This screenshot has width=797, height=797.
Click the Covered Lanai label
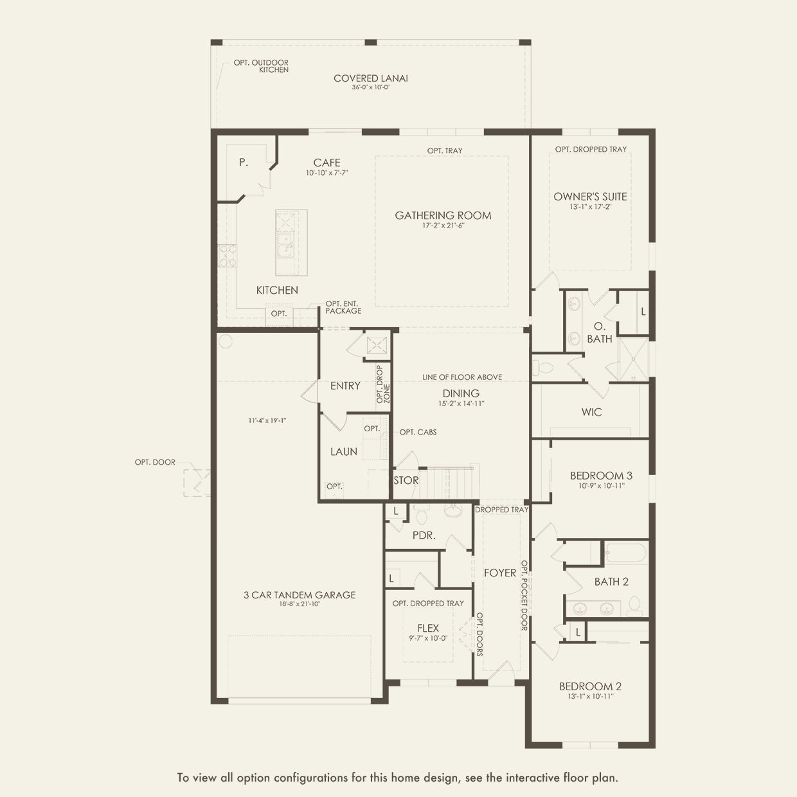(371, 78)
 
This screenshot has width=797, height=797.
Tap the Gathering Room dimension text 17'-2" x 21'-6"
(443, 226)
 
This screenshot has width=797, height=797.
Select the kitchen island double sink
(285, 245)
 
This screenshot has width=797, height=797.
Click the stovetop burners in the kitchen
(228, 255)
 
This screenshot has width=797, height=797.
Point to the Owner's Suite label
(590, 197)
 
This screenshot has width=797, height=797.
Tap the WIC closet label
(591, 412)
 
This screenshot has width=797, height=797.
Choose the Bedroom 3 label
(602, 476)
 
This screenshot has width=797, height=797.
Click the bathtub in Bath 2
(625, 553)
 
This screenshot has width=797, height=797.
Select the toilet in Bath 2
(634, 606)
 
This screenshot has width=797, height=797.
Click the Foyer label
(500, 573)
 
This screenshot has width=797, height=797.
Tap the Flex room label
(428, 628)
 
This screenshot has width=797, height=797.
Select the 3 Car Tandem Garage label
(300, 595)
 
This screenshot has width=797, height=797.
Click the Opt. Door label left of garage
(155, 462)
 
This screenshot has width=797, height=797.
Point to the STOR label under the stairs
(406, 481)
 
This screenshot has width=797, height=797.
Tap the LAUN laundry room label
(344, 452)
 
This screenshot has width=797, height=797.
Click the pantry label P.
(244, 163)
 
